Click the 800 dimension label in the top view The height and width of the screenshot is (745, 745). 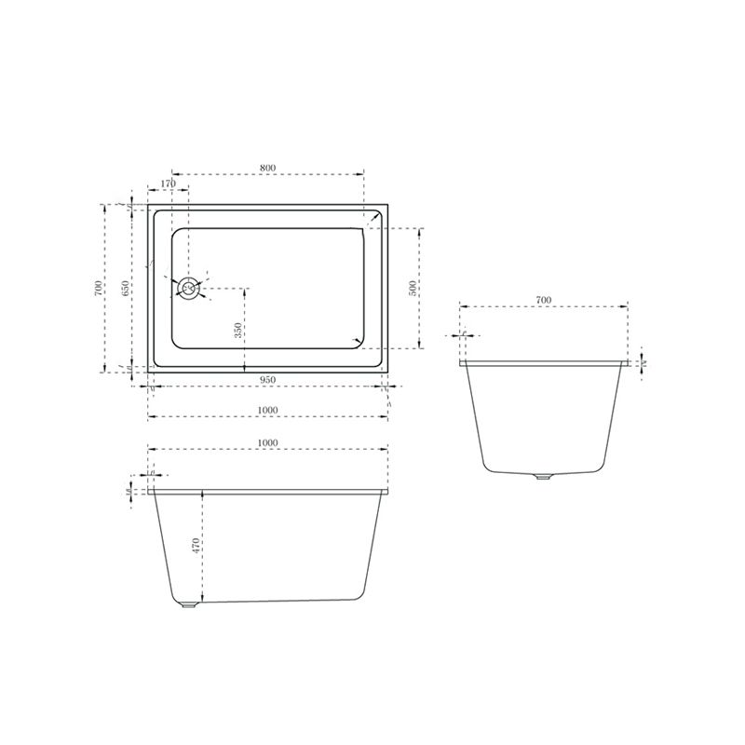pos(268,168)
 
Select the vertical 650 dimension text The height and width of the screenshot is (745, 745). pos(125,288)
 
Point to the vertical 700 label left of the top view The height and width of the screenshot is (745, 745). pos(99,288)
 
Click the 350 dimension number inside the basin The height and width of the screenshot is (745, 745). pos(237,330)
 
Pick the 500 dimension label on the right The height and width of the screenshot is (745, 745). pos(413,287)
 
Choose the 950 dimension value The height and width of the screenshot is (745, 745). pos(267,379)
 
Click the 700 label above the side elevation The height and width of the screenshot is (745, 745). pos(544,300)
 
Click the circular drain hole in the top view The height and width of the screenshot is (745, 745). pos(189,288)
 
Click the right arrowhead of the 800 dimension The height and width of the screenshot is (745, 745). pos(363,174)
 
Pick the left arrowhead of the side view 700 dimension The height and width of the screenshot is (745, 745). pos(462,306)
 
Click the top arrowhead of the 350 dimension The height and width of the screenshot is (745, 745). pos(244,289)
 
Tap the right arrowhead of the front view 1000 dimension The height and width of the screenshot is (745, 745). pos(387,449)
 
